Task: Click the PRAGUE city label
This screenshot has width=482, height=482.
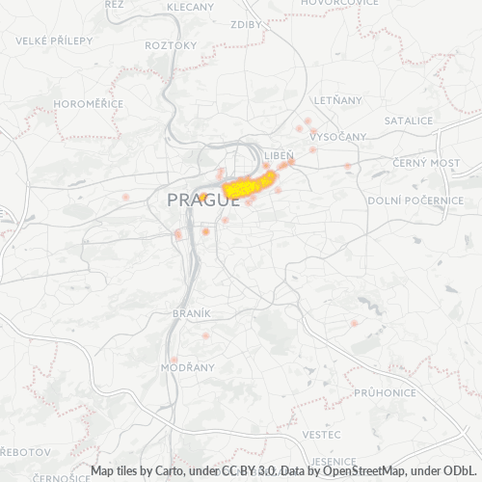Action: click(x=203, y=201)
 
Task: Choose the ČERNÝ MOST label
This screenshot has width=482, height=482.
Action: click(x=433, y=163)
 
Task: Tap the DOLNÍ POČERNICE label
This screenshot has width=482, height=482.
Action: click(x=415, y=201)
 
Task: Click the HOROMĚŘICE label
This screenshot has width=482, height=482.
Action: click(x=62, y=103)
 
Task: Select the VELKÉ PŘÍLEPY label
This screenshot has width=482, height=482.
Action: click(x=54, y=40)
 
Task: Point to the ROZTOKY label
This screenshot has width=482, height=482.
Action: click(x=171, y=45)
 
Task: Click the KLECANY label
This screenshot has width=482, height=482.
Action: click(x=190, y=7)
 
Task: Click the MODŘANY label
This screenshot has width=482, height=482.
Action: click(x=181, y=369)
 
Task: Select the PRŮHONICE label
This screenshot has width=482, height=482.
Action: click(x=385, y=393)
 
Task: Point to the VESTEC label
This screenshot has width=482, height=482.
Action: click(x=320, y=435)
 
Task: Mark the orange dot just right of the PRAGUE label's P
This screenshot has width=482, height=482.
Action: click(x=204, y=197)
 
